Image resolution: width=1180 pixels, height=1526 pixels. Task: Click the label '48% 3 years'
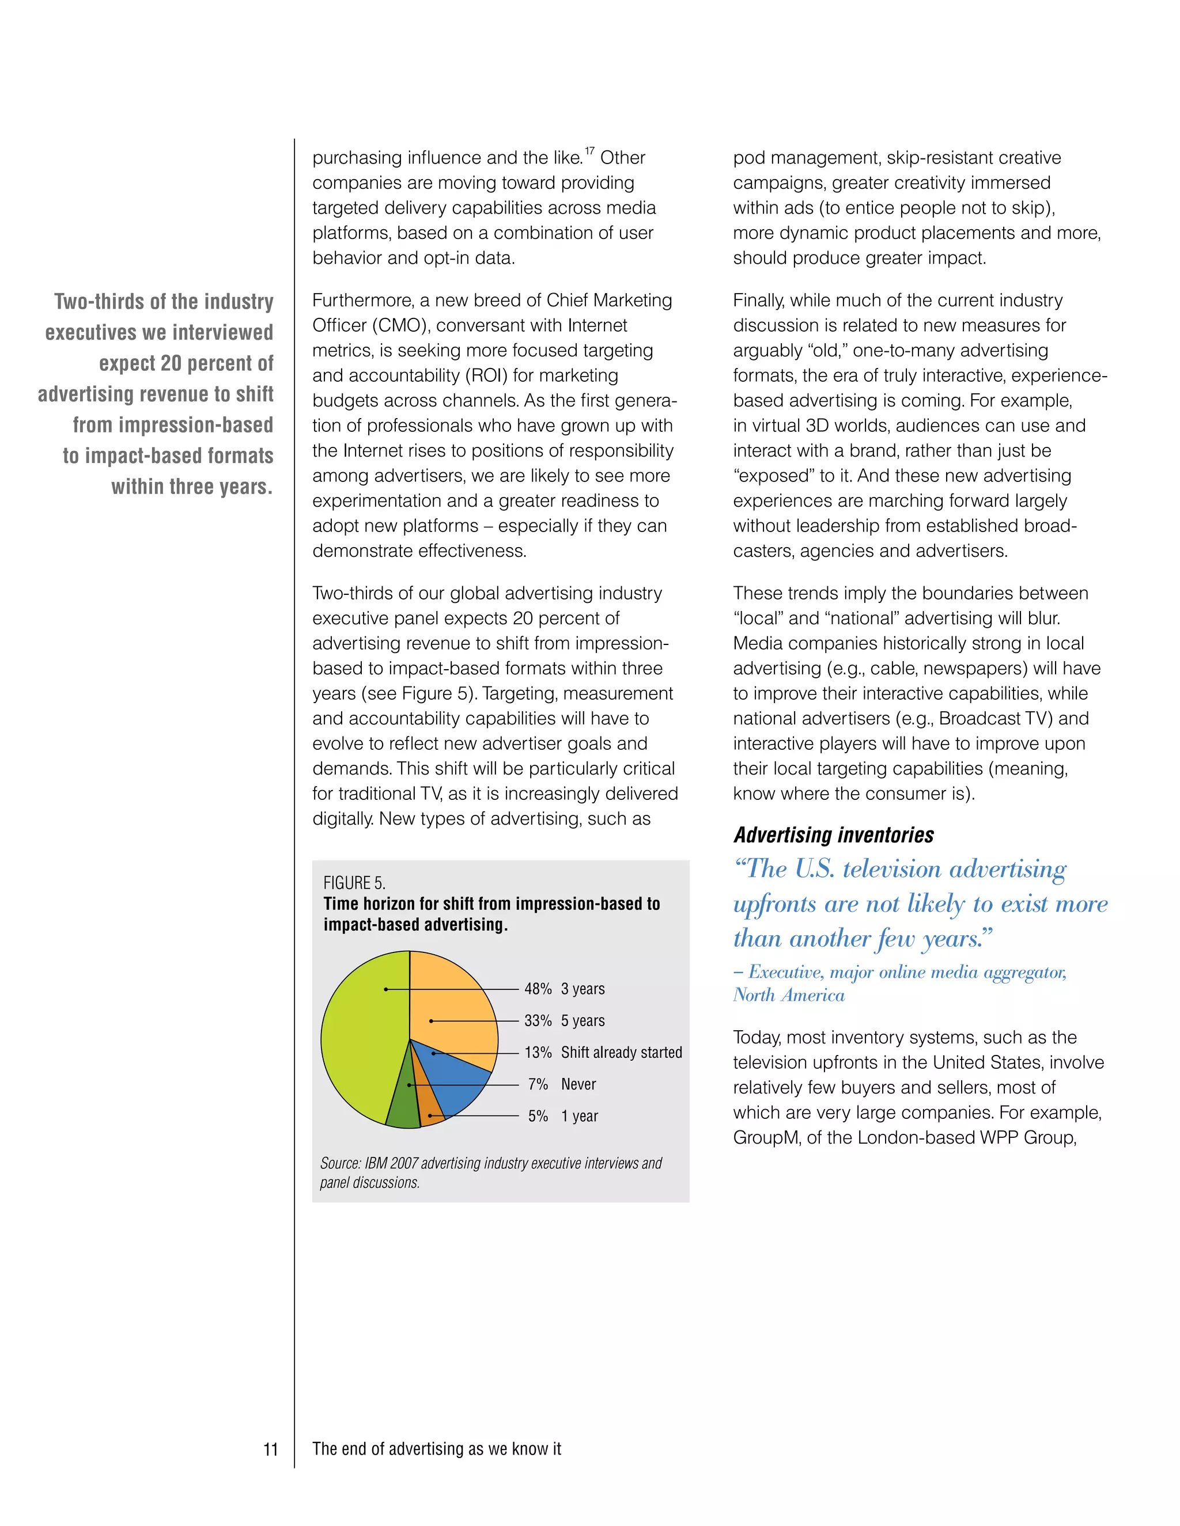pyautogui.click(x=564, y=989)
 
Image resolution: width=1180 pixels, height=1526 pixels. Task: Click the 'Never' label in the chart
pyautogui.click(x=578, y=1084)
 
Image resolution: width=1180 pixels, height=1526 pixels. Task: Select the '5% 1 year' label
pyautogui.click(x=563, y=1116)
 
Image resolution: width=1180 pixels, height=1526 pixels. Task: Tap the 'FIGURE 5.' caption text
pyautogui.click(x=354, y=882)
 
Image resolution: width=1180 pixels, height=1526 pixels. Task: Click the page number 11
pyautogui.click(x=271, y=1449)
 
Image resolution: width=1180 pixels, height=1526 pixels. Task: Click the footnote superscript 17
pyautogui.click(x=589, y=151)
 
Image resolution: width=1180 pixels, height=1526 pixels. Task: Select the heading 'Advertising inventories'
pyautogui.click(x=833, y=835)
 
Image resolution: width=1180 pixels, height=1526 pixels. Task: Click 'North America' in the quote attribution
pyautogui.click(x=789, y=995)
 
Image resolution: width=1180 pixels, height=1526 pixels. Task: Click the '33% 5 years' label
pyautogui.click(x=564, y=1021)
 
